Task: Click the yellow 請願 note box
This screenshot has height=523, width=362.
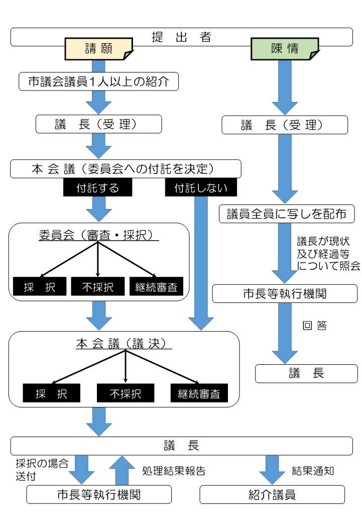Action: (x=98, y=49)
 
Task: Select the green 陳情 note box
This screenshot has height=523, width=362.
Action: (x=284, y=49)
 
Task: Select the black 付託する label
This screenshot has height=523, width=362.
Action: (x=97, y=188)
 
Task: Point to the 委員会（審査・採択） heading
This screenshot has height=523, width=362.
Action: (x=98, y=235)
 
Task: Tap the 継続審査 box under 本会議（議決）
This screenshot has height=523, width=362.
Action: (x=199, y=393)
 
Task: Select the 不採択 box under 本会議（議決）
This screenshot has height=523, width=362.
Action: (x=125, y=393)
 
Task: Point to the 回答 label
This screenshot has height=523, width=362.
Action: (x=314, y=326)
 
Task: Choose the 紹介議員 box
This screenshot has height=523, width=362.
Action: (x=272, y=494)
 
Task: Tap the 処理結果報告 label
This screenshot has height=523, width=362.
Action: (x=174, y=471)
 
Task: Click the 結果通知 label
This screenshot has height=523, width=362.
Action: (x=313, y=471)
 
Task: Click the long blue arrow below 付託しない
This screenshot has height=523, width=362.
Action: (x=201, y=261)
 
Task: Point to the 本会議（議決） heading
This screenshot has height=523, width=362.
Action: (x=124, y=344)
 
